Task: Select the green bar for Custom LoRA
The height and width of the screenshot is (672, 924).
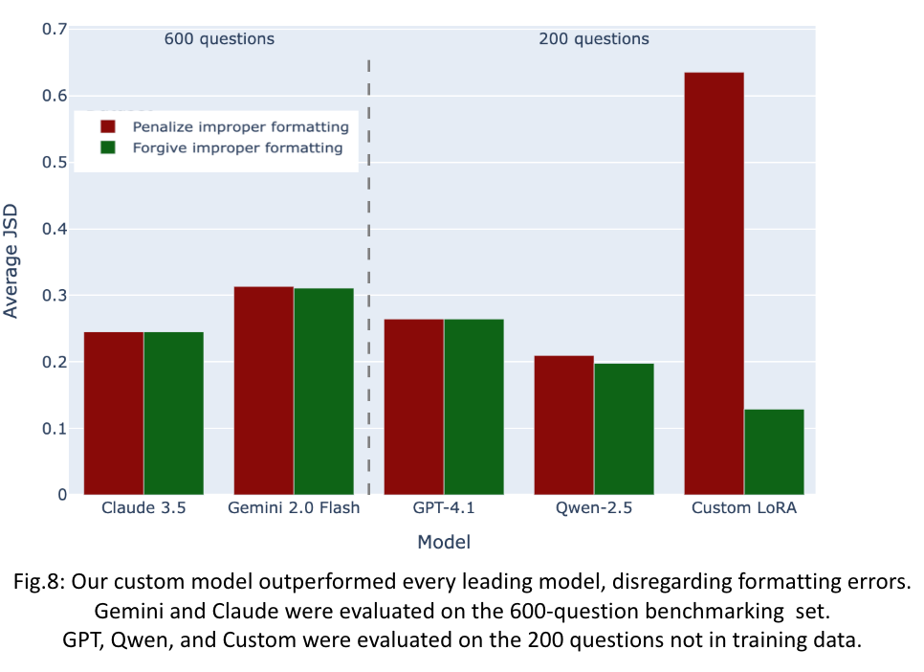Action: point(774,452)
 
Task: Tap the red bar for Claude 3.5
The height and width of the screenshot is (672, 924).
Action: point(114,413)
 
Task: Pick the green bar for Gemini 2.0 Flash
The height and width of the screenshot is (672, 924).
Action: point(323,392)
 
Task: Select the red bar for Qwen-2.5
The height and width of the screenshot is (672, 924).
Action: point(563,425)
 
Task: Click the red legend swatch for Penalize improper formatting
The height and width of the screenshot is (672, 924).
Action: point(108,126)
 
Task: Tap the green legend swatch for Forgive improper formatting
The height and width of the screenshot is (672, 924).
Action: point(108,147)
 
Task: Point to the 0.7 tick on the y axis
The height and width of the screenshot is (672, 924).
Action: point(55,30)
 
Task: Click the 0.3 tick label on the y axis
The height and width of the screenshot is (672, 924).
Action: point(55,296)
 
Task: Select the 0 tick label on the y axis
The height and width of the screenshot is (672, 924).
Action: point(61,495)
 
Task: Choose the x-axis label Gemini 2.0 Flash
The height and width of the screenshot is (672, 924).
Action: point(294,508)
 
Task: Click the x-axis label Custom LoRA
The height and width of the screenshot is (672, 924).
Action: point(743,508)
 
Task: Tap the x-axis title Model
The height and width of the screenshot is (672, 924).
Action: point(443,543)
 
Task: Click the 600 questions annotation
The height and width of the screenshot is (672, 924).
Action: point(219,39)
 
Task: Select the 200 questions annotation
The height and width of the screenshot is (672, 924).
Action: point(593,39)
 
